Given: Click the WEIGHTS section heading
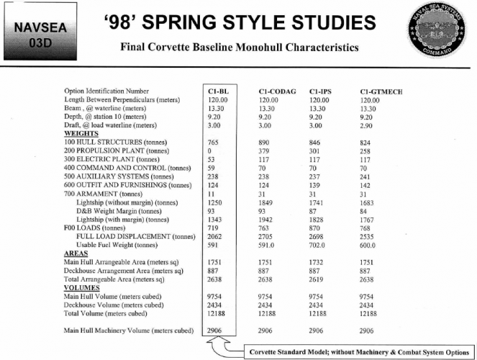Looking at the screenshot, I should pos(81,134).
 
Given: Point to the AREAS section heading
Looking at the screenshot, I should pos(76,253).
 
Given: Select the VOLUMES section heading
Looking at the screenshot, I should pos(81,287).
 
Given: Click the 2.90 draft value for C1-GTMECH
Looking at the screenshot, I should pos(366,125).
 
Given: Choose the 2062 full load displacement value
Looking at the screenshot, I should pos(213,236).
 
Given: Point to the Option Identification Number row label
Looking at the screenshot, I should pos(106,92).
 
